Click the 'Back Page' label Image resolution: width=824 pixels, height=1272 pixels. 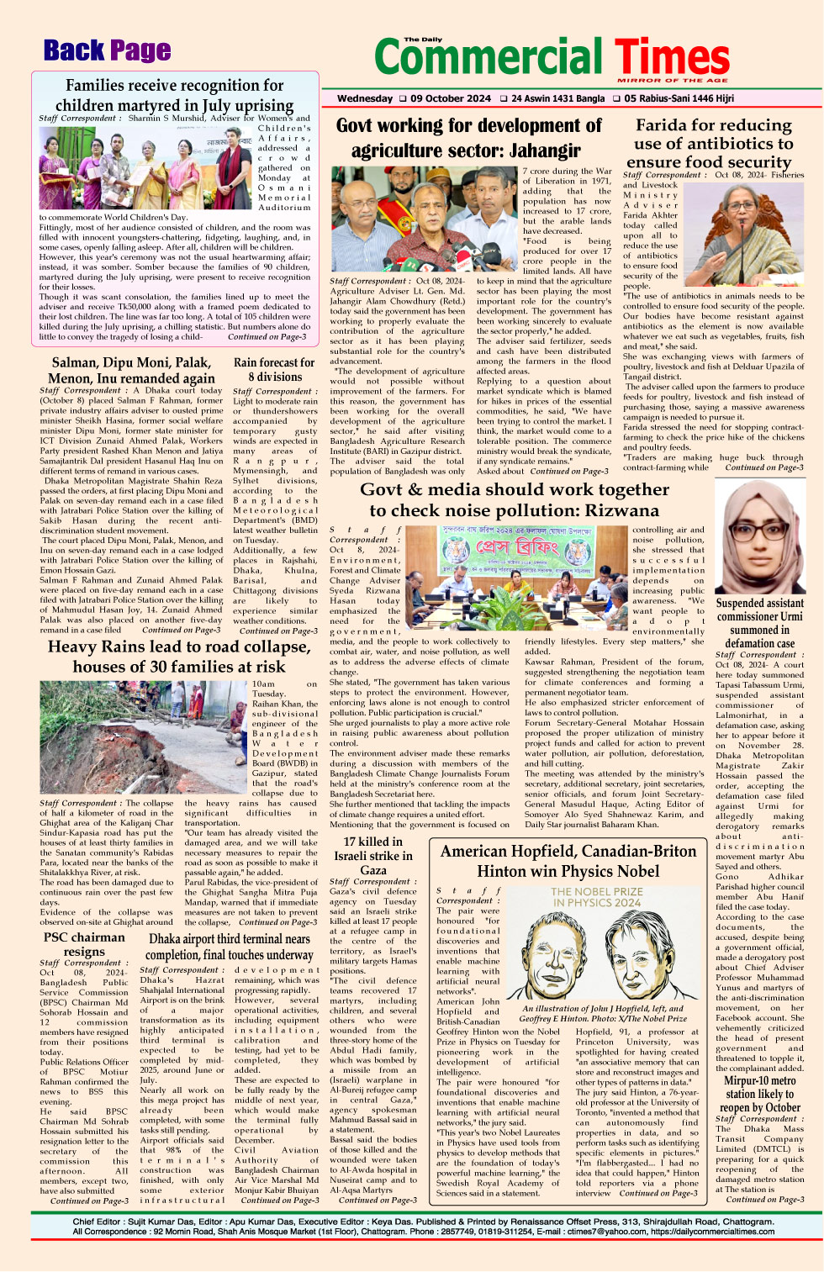pos(108,51)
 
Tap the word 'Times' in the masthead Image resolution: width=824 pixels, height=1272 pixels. pos(672,57)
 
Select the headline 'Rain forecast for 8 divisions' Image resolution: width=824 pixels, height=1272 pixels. pos(274,370)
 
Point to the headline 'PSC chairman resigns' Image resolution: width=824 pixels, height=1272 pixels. pos(84,944)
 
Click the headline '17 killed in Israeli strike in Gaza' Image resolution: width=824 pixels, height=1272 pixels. pos(373,856)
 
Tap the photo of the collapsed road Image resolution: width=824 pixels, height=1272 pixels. pos(144,736)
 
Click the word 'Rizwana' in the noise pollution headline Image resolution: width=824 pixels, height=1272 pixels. pos(618,510)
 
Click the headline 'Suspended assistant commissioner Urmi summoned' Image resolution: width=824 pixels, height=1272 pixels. pos(759,623)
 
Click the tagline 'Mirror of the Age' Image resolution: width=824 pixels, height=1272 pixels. pos(673,81)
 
